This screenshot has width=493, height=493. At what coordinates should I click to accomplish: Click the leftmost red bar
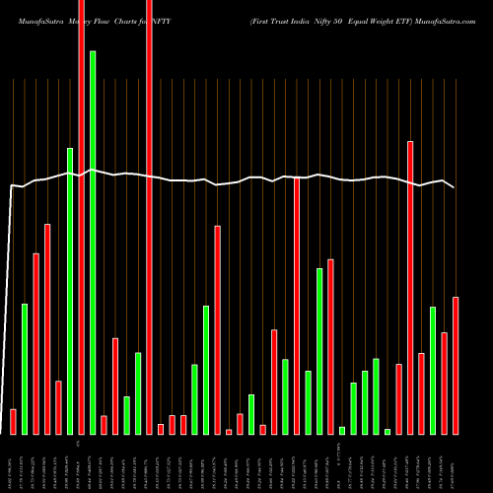[x=13, y=421]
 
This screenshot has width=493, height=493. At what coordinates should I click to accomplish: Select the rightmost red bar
[x=456, y=365]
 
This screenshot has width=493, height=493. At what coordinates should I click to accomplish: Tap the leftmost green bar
[x=25, y=369]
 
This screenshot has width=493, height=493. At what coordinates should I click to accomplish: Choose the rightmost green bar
[x=433, y=371]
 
